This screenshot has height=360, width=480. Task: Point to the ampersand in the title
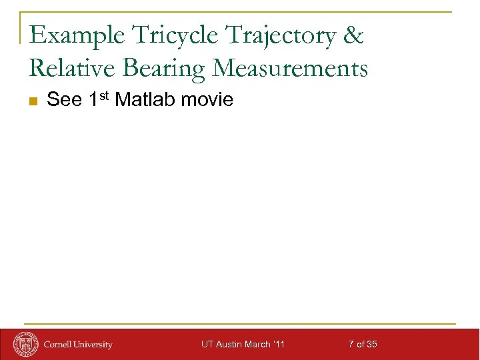[353, 35]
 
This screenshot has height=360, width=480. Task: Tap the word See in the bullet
[65, 100]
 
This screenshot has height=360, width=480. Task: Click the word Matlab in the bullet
[146, 100]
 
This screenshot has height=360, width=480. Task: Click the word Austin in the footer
[227, 345]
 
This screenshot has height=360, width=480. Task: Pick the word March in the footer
[257, 345]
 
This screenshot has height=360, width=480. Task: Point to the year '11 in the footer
[279, 345]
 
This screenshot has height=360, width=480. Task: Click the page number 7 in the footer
[351, 345]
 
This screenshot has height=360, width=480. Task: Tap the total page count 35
[371, 345]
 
